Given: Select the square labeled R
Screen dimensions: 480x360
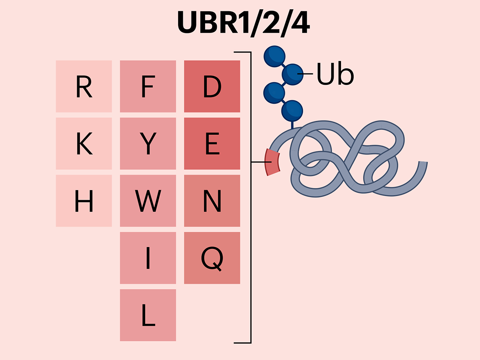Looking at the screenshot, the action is click(84, 86).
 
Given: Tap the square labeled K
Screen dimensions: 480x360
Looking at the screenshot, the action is click(84, 144).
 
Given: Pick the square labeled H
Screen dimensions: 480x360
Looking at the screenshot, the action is click(84, 201).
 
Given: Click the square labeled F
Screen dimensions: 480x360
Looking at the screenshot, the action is click(148, 86).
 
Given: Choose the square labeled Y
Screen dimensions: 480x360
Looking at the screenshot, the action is click(148, 144).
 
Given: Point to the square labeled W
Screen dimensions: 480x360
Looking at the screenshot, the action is click(148, 201).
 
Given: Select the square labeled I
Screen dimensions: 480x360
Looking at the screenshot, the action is click(148, 258).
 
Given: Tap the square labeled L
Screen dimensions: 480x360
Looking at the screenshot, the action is click(148, 315).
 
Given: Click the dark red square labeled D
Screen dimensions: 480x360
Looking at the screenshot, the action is click(212, 86).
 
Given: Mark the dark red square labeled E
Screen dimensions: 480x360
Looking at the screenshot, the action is click(212, 144).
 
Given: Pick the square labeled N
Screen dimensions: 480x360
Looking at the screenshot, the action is click(212, 201).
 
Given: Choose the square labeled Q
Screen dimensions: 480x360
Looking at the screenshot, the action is click(212, 258).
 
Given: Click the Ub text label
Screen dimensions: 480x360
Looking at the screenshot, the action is click(334, 75).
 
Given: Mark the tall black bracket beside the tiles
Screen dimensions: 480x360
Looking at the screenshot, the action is click(250, 198).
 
